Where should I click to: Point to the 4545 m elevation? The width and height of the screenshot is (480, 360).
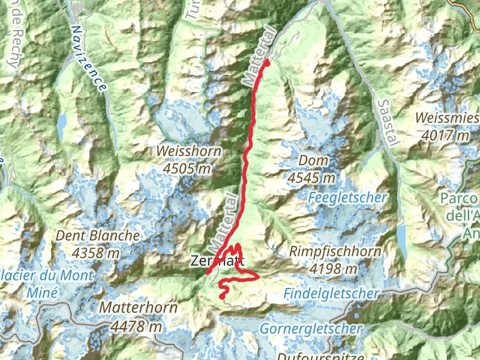click(311, 178)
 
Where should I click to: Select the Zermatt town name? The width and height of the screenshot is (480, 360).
click(217, 260)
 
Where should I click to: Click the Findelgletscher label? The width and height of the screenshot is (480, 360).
click(332, 293)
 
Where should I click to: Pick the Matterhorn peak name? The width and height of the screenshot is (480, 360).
click(139, 308)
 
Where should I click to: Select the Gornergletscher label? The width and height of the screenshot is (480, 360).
click(311, 329)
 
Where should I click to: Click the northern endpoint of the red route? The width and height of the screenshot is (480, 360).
click(267, 62)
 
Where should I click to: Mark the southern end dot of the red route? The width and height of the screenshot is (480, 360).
click(222, 296)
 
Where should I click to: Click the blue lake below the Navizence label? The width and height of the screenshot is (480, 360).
click(61, 124)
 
